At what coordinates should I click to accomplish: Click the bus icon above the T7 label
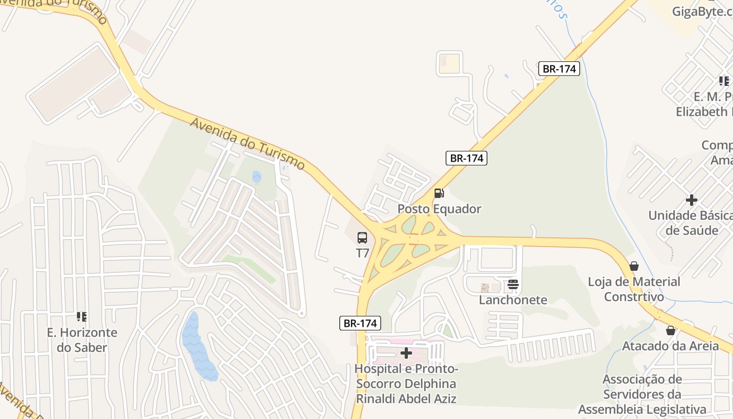click(362, 238)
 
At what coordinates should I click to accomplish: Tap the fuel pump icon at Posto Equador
click(439, 193)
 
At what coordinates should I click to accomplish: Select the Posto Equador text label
click(439, 209)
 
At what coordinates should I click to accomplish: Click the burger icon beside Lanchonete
click(513, 285)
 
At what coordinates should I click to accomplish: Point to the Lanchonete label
click(513, 300)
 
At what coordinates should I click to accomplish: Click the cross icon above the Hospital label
click(406, 353)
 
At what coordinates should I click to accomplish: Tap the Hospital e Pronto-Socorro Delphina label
click(406, 384)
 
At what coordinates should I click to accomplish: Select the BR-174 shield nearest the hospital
click(360, 323)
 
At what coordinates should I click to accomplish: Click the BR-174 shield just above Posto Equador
click(466, 158)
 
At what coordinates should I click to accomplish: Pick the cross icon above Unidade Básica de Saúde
click(692, 200)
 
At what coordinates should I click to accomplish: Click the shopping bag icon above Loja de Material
click(634, 266)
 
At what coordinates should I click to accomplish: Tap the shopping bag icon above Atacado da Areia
click(671, 330)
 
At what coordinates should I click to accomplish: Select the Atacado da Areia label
click(670, 346)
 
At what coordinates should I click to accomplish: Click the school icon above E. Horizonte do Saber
click(82, 316)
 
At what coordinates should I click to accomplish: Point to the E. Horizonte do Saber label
click(82, 340)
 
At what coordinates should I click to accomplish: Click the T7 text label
click(362, 253)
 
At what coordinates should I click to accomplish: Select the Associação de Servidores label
click(642, 394)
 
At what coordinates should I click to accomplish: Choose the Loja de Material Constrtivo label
click(634, 289)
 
